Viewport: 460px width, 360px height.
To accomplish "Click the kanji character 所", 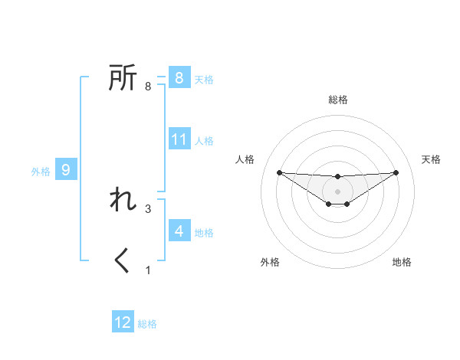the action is coord(123,78).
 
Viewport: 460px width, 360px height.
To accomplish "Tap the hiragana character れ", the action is coord(123,200).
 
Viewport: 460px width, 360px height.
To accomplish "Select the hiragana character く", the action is coord(123,261).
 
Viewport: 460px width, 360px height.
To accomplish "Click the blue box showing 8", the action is coord(179,78).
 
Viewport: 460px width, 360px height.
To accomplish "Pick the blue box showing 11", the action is coord(179,139).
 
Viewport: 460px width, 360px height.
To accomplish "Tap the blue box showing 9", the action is coord(66,170).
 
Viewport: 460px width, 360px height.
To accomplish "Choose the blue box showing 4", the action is coord(179,231).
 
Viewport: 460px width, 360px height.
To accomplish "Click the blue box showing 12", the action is coord(123,322).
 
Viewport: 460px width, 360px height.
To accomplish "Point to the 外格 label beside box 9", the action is coord(41,172).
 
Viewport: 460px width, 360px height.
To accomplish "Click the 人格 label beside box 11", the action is coord(204,141).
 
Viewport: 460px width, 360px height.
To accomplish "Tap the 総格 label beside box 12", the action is coord(147,324).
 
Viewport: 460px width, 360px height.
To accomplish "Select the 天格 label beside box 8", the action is coord(204,80).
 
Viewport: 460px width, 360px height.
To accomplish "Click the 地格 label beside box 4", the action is coord(204,232).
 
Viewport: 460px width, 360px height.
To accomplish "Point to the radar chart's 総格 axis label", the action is coord(338,100).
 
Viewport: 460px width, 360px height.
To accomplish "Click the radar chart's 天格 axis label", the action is coord(431,159).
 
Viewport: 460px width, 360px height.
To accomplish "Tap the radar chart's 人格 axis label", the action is coord(245,159).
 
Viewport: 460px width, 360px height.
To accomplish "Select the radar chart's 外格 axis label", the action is coord(270,262).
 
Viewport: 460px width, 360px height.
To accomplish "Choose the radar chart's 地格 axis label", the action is coord(402,262).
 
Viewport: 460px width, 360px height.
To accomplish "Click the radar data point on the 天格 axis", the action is coord(396,172).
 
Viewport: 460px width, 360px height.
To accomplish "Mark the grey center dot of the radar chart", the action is coord(338,191).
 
